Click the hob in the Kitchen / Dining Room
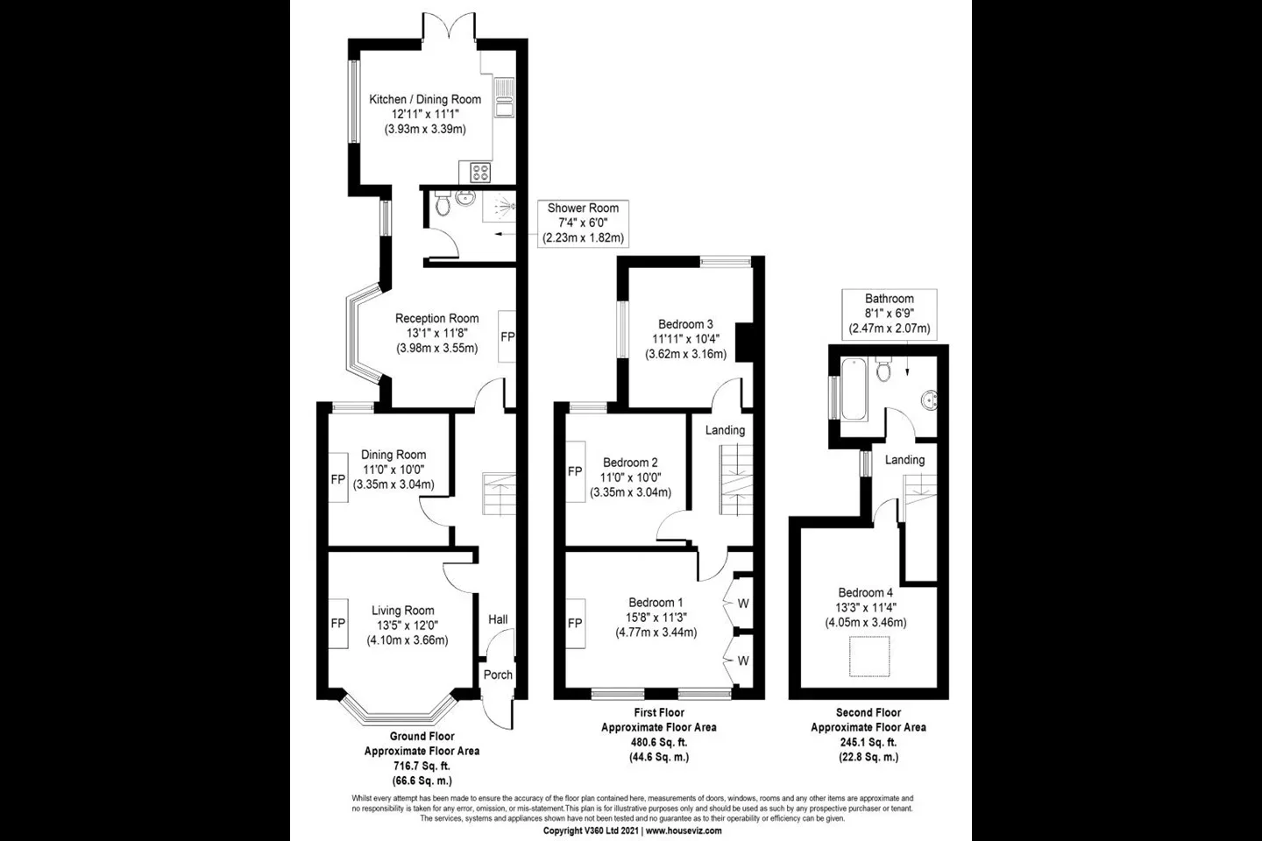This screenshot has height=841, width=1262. click(x=480, y=173)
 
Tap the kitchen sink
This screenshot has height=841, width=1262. click(x=504, y=97)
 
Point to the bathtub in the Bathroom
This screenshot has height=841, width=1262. click(x=854, y=389)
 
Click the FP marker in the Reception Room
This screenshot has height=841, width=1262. click(x=507, y=336)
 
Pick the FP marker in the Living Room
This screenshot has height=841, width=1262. click(x=337, y=623)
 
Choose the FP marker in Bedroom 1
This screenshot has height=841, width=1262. click(x=575, y=623)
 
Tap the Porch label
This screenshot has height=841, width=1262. click(x=498, y=675)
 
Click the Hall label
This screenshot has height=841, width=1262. click(x=498, y=619)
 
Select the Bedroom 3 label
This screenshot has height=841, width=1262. click(x=685, y=324)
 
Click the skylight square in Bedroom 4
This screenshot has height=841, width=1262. click(x=869, y=655)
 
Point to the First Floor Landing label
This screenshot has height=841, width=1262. click(x=725, y=430)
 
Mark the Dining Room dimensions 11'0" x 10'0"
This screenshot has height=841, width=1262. click(x=393, y=470)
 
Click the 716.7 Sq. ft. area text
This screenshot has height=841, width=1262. click(x=422, y=766)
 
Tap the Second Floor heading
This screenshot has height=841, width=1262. click(x=869, y=712)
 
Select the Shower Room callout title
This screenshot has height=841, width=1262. click(x=583, y=208)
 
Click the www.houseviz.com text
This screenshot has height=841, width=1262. click(x=684, y=830)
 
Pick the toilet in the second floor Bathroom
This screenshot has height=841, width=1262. click(x=883, y=369)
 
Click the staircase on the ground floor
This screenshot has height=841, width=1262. click(x=499, y=493)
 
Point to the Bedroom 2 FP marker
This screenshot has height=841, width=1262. click(x=575, y=471)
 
